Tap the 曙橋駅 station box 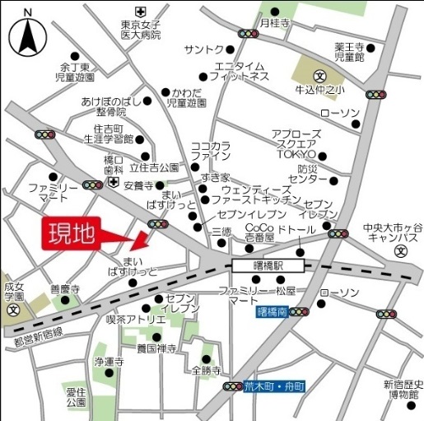click(x=268, y=265)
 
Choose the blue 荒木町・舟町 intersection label click(x=274, y=386)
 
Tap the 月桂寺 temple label click(x=275, y=24)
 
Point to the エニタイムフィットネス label click(x=239, y=71)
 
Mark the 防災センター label click(x=308, y=174)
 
